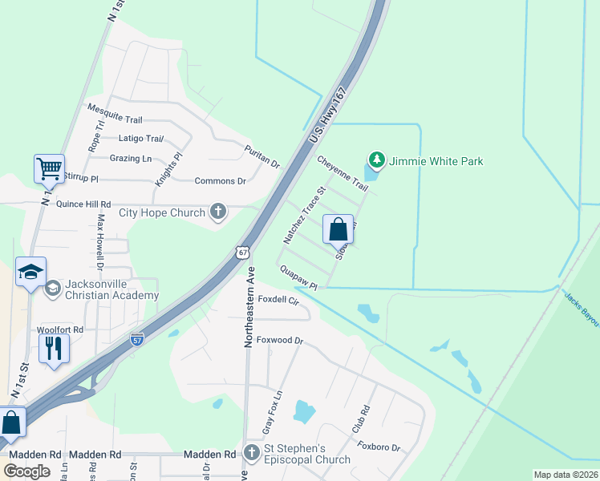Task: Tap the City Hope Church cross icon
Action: pyautogui.click(x=217, y=212)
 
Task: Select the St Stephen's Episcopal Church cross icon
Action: pyautogui.click(x=251, y=453)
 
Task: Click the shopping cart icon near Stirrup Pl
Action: pyautogui.click(x=48, y=169)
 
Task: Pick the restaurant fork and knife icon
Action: pyautogui.click(x=54, y=348)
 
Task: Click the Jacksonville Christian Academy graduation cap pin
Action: pyautogui.click(x=30, y=271)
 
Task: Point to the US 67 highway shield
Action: pyautogui.click(x=242, y=253)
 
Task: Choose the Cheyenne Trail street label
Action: pyautogui.click(x=343, y=173)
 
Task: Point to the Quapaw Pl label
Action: pyautogui.click(x=299, y=279)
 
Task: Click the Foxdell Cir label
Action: pyautogui.click(x=278, y=301)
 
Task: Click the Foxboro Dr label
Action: pyautogui.click(x=379, y=447)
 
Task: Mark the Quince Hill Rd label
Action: pyautogui.click(x=83, y=204)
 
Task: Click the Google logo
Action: pyautogui.click(x=26, y=471)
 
